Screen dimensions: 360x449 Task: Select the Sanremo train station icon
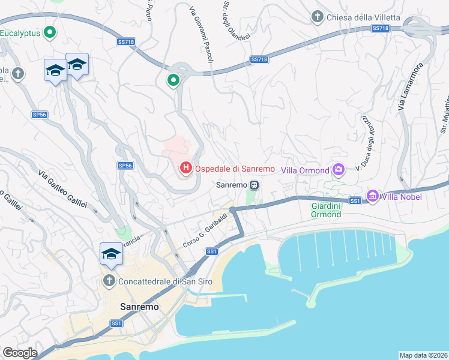[x=255, y=185]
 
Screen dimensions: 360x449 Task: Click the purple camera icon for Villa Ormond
[x=339, y=170]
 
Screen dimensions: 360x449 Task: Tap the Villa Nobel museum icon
[x=372, y=196]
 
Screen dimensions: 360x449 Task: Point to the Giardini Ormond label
[x=327, y=210]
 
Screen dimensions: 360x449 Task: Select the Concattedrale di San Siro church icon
[x=109, y=280]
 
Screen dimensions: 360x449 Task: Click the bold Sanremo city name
[x=140, y=306]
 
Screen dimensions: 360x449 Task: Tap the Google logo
[x=20, y=353]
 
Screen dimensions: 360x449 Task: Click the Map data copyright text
[x=423, y=355]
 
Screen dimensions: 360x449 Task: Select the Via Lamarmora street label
[x=411, y=86]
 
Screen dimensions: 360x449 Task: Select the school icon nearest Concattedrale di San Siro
[x=111, y=254]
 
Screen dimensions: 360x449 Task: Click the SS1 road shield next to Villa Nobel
[x=355, y=200]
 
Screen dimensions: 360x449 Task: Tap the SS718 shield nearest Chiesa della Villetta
[x=379, y=28]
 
